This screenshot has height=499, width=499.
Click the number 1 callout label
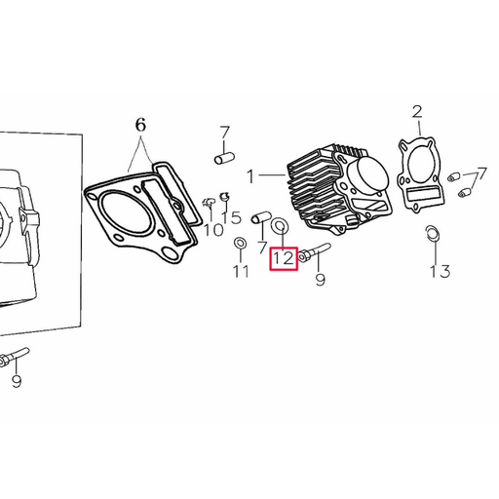(250, 176)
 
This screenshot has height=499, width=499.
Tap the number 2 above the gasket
(417, 112)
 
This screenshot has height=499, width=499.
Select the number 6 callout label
(140, 125)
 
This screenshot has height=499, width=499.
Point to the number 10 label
(213, 230)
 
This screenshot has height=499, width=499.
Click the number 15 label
(231, 217)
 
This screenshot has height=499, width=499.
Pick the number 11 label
(241, 271)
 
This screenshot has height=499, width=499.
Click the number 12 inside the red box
(284, 258)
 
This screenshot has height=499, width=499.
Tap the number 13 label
(440, 271)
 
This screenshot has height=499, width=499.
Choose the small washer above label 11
(240, 243)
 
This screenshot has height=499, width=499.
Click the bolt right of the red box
(314, 252)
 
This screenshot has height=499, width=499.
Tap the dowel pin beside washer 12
(261, 217)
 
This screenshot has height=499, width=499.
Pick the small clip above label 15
(224, 196)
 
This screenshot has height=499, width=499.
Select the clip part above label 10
(209, 203)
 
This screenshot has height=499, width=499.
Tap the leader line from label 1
(272, 175)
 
